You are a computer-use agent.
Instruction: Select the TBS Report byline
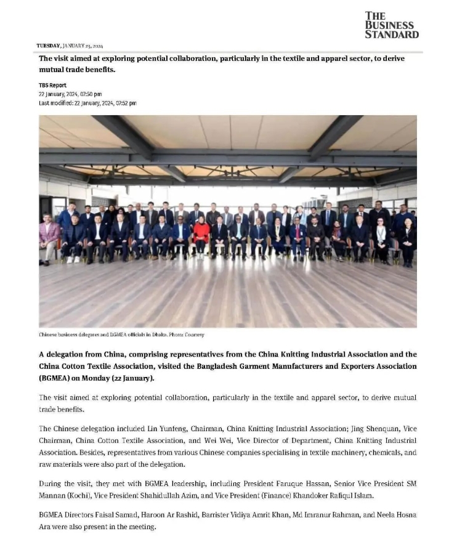pos(52,85)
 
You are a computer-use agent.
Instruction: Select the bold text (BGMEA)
pos(54,377)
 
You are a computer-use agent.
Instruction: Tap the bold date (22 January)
pos(130,377)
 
